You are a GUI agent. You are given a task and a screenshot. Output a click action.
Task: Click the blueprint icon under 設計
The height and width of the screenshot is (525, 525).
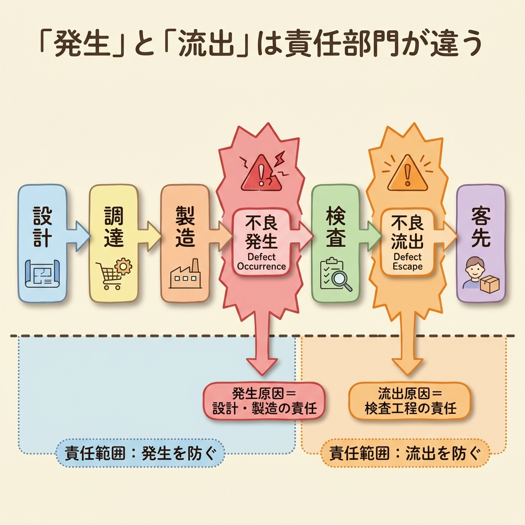click(x=43, y=274)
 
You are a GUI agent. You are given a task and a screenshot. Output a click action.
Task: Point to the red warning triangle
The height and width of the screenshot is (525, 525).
click(x=261, y=173)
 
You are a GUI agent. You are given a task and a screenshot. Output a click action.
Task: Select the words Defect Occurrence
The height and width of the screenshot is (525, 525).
click(x=261, y=261)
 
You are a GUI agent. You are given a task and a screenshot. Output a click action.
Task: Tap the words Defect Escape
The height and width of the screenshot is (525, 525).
click(x=408, y=261)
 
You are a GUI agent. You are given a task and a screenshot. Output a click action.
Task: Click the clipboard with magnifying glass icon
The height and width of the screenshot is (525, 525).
click(x=336, y=275)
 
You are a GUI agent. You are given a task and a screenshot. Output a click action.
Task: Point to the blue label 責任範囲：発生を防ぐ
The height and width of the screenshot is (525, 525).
click(x=139, y=453)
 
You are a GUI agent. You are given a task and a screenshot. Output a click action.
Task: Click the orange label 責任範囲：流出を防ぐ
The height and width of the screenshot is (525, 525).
click(x=405, y=453)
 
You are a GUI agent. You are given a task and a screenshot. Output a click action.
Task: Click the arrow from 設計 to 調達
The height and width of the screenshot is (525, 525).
click(x=78, y=236)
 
